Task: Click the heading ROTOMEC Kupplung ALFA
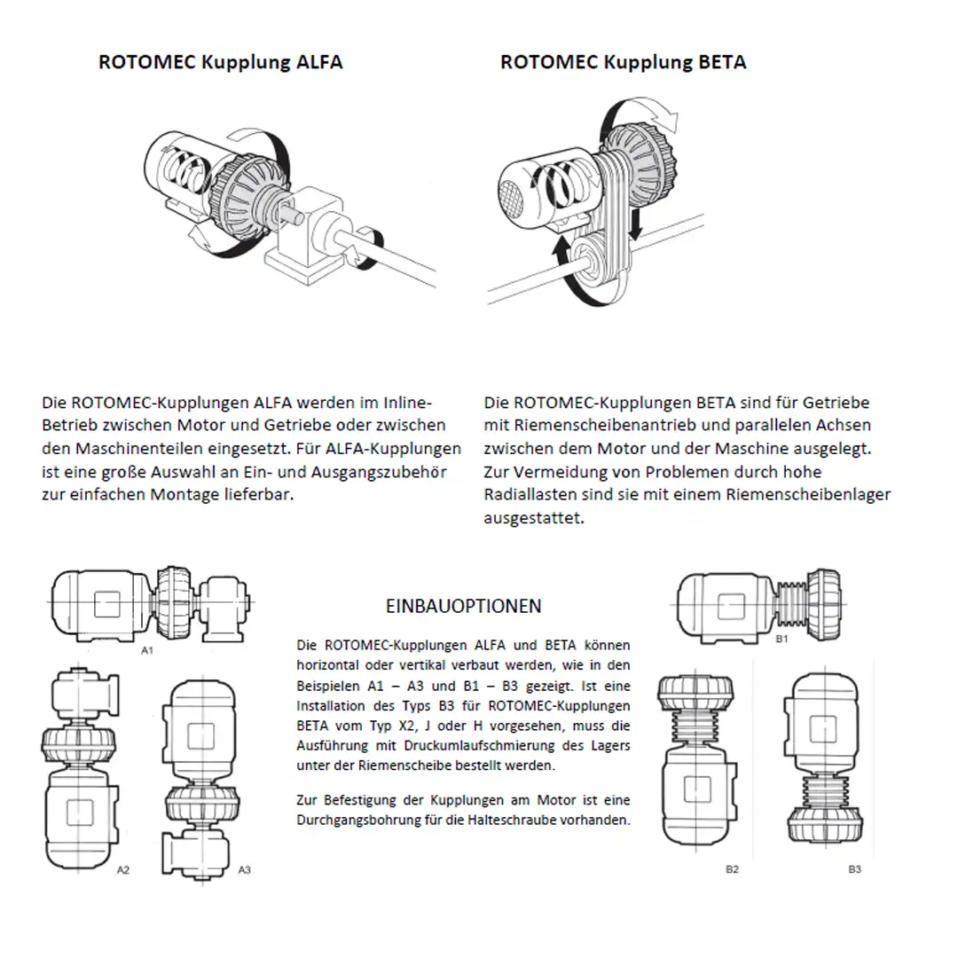(220, 62)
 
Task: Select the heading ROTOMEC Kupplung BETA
(623, 62)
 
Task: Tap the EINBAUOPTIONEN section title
(464, 607)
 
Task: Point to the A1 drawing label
(148, 650)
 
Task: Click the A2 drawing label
(123, 870)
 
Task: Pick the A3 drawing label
(244, 870)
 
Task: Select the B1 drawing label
(781, 639)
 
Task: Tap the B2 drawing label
(732, 869)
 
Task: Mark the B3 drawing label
(854, 869)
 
